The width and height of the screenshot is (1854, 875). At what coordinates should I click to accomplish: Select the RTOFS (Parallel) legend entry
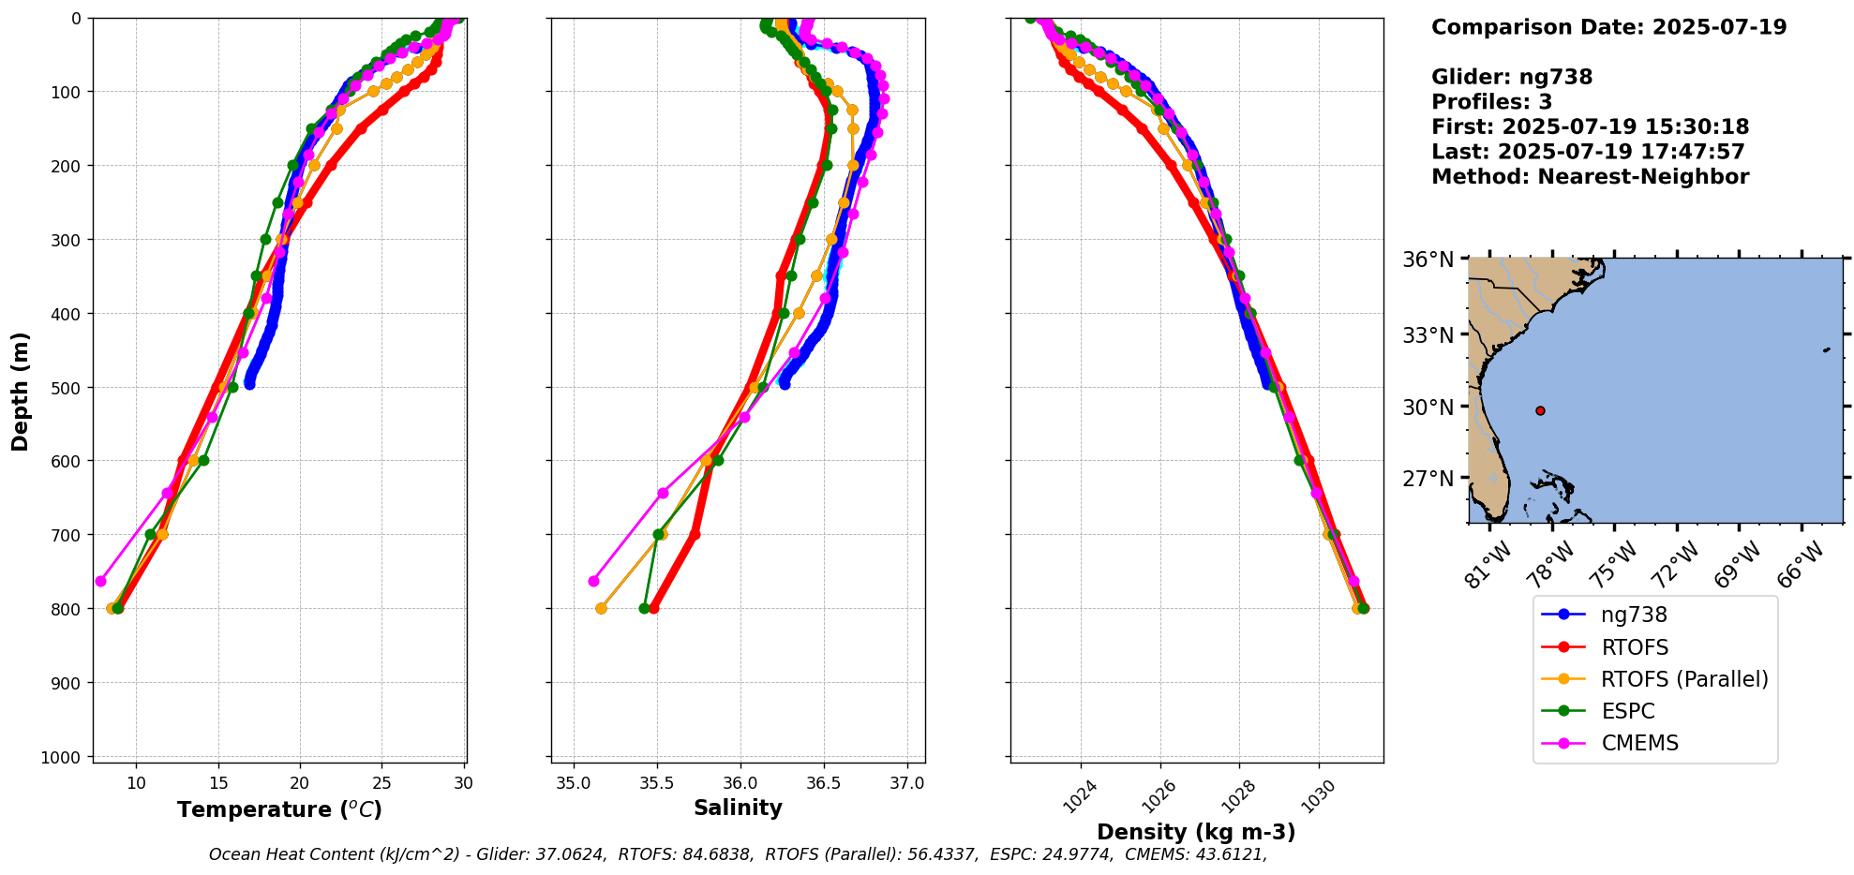pos(1684,679)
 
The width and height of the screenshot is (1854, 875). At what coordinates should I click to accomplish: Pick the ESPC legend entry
pos(1628,711)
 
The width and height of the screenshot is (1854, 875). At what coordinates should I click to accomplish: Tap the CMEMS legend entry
pos(1639,743)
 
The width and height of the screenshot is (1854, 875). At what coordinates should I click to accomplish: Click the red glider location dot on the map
pos(1540,410)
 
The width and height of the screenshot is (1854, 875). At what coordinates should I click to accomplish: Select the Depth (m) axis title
pos(21,391)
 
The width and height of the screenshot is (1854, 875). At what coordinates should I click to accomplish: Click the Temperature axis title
pos(279,809)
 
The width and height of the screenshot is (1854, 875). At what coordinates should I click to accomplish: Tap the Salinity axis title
pos(738,808)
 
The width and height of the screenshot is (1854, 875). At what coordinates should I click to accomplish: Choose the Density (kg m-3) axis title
pos(1196,832)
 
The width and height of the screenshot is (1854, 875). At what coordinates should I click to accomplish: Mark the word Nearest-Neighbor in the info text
pos(1643,177)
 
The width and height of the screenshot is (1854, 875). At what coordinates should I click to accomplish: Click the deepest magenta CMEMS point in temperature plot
pos(100,581)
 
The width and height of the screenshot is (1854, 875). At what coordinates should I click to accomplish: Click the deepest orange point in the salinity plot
pos(601,608)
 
